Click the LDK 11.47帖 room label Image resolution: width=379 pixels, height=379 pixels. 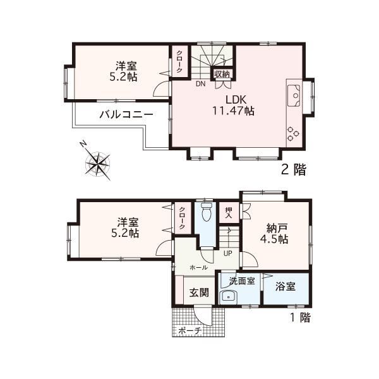[233, 105]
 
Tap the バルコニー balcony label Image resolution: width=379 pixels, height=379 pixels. [126, 114]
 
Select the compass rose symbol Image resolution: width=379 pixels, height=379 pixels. [98, 163]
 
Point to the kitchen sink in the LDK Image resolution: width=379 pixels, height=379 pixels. [294, 96]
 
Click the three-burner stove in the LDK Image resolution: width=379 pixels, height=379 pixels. [292, 134]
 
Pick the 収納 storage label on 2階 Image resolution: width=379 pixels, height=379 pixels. [222, 74]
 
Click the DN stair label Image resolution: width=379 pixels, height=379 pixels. [201, 84]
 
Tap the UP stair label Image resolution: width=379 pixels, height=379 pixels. [228, 253]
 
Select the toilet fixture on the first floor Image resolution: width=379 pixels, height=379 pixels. [207, 212]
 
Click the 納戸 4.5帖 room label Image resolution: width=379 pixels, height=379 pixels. [274, 234]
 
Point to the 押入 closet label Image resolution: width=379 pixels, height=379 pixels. [229, 213]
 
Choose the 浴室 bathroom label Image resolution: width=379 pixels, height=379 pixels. [286, 286]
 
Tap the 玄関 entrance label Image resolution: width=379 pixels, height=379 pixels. [199, 292]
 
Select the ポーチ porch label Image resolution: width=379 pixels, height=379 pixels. [190, 330]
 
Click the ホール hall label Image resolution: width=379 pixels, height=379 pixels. [198, 268]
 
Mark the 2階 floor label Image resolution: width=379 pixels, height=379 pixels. [294, 169]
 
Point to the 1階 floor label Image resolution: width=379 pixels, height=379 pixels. [299, 318]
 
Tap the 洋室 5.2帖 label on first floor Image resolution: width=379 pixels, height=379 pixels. [125, 228]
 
